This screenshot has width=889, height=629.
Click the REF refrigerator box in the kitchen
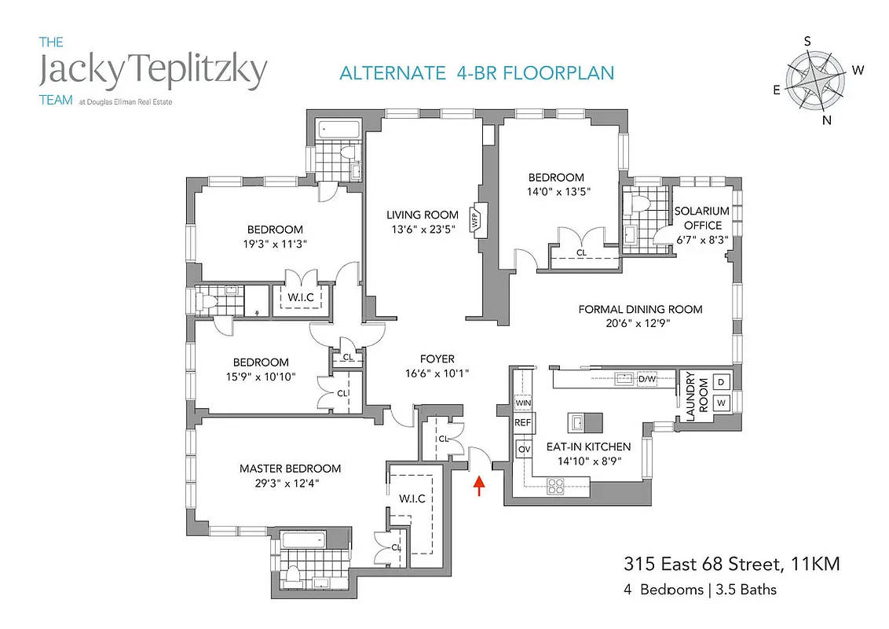point(523,422)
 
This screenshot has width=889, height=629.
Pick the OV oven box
point(523,449)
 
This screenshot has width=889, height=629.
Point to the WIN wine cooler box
point(523,403)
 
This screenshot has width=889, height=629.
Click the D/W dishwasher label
point(647,380)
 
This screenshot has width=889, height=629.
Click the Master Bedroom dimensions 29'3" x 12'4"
point(290,483)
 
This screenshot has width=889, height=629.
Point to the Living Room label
point(423,215)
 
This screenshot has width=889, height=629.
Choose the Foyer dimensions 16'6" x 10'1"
point(437,373)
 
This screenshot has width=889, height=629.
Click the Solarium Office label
point(702,218)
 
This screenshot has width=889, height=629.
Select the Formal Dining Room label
point(640,309)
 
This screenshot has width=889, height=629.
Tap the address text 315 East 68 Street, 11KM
point(731,565)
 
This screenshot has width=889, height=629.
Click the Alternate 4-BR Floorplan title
point(477,73)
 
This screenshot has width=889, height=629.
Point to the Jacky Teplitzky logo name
point(153,72)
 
